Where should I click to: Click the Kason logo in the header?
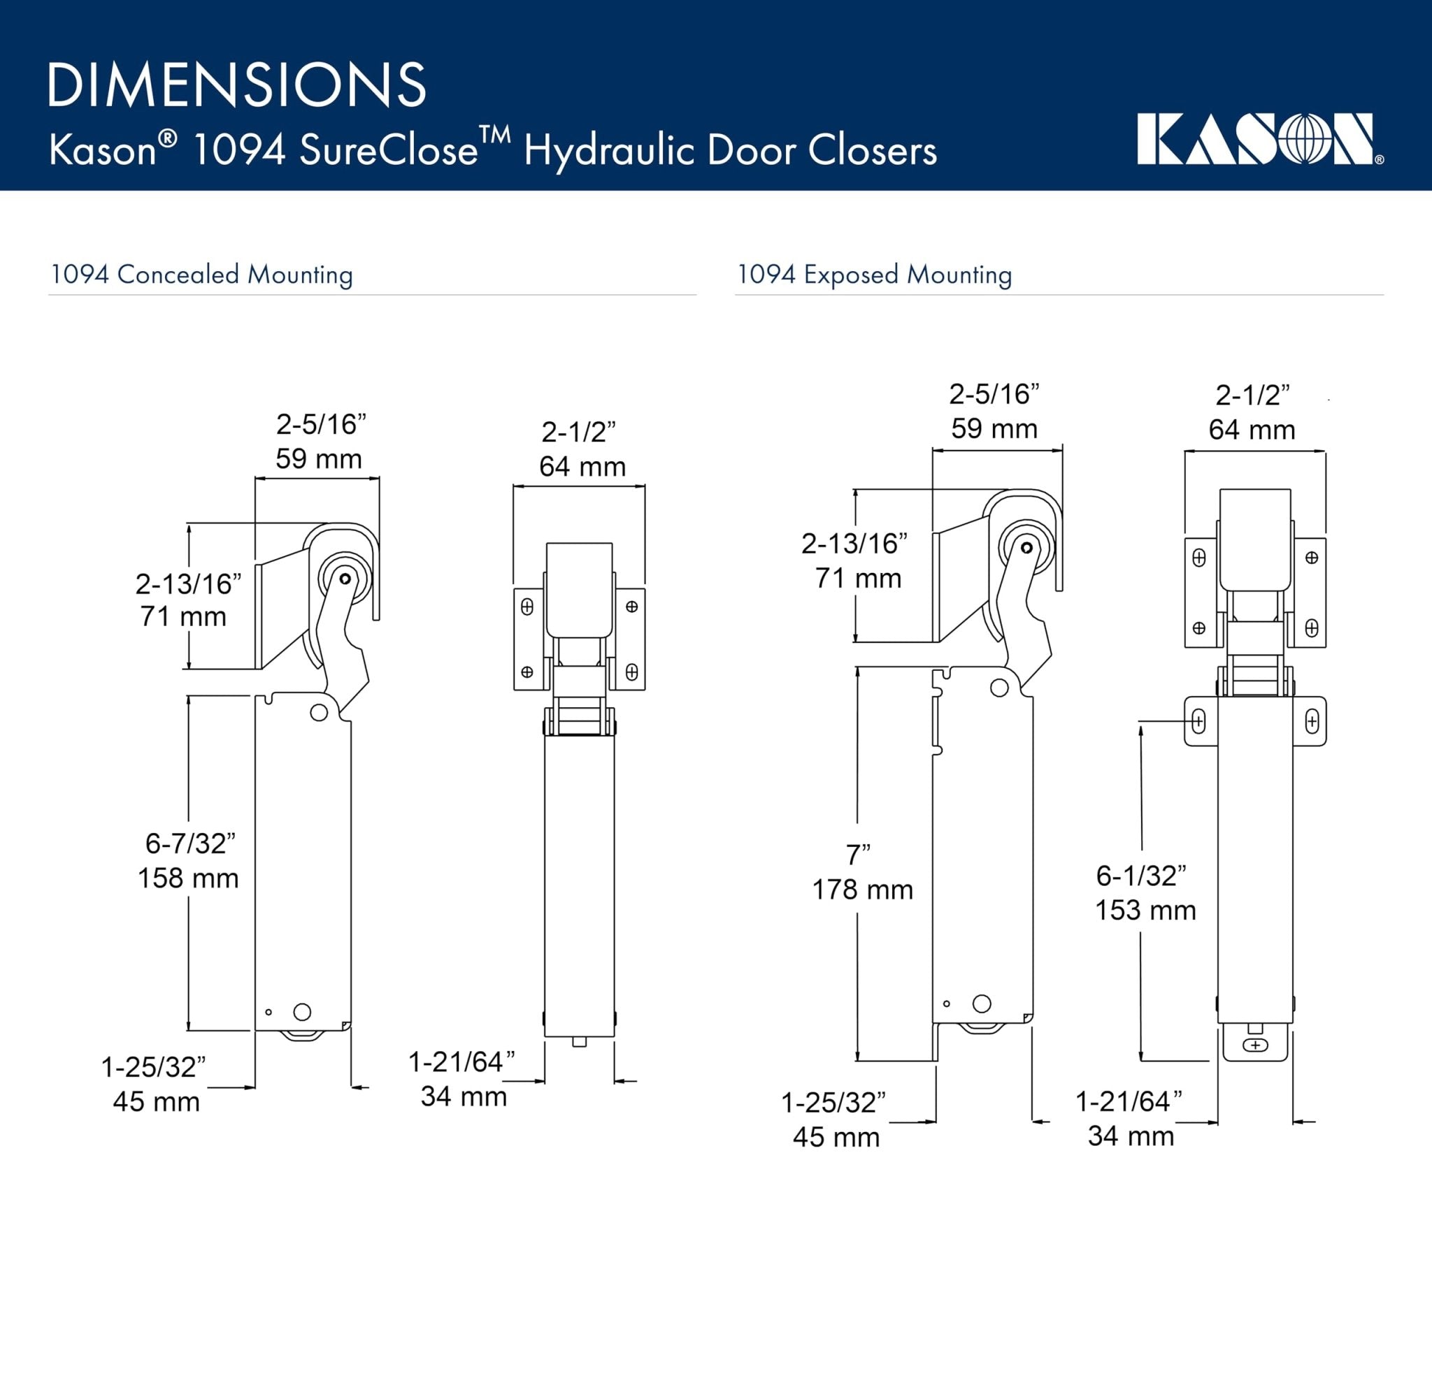coord(1259,140)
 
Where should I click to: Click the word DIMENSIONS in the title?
coord(237,85)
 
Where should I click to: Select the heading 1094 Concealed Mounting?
coord(201,275)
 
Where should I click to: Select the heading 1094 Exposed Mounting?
coord(874,275)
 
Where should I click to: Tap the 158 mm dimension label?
coord(188,878)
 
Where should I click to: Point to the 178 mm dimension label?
coord(862,890)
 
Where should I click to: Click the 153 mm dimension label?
coord(1145,910)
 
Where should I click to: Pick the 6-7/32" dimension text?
coord(190,843)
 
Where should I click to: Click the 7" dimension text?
coord(859,855)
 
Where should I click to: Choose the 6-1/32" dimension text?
coord(1140,876)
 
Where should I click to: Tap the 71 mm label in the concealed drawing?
coord(182,616)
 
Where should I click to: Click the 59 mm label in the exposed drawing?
coord(994,428)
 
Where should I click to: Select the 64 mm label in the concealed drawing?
coord(582,467)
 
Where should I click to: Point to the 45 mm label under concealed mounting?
coord(156,1102)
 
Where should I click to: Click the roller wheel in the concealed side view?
coord(345,579)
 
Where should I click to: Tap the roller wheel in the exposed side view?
coord(1026,548)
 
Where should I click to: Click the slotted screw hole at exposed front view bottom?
coord(1255,1045)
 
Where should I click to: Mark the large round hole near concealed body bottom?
coord(302,1011)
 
